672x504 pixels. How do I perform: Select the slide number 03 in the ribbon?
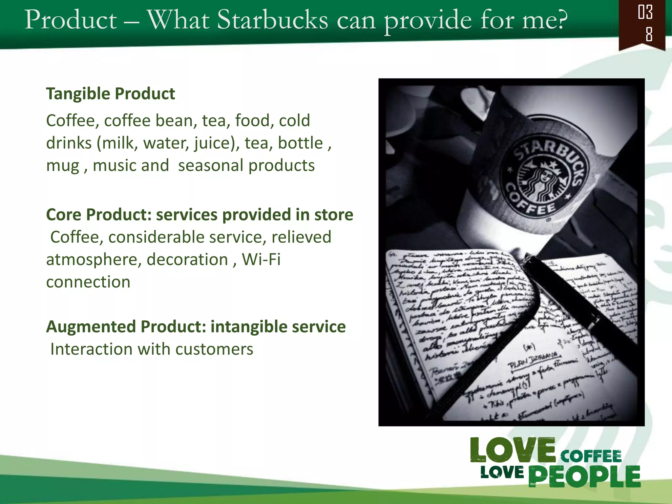pos(645,12)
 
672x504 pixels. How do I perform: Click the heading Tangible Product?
pos(110,94)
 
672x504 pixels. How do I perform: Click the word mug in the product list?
pos(63,166)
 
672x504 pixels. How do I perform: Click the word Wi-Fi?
pos(261,260)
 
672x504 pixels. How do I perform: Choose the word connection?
pos(88,282)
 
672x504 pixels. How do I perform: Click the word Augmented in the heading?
pos(91,327)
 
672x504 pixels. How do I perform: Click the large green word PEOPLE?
pos(584,476)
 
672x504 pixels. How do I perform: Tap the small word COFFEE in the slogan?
pos(591,456)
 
